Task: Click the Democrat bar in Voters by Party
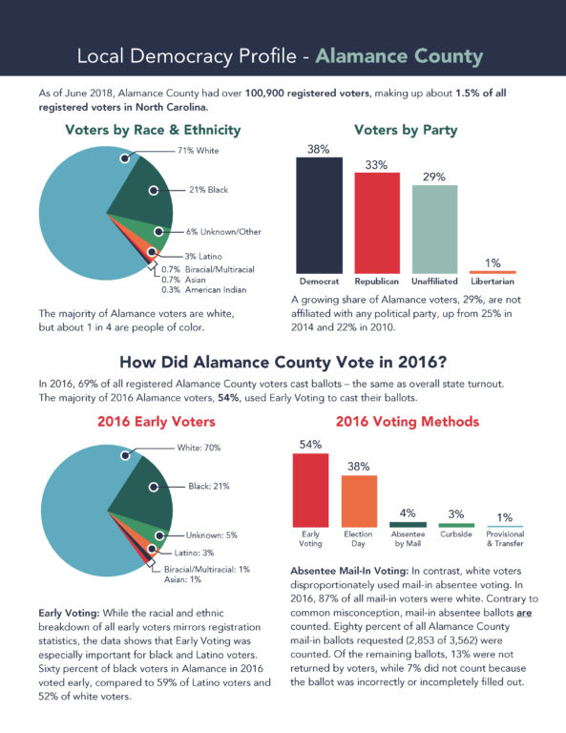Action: pos(319,216)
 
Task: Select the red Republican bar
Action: pos(377,223)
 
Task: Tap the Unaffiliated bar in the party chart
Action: pos(434,229)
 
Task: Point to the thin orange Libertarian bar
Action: pos(493,272)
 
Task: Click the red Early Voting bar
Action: pos(311,491)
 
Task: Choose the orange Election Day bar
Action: pos(360,502)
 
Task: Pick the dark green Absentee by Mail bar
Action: pos(408,525)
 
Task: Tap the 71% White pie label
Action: pos(199,151)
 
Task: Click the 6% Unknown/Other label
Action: pos(223,232)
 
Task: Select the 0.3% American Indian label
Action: pos(203,290)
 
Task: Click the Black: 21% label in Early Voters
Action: pos(209,486)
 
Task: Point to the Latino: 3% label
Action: pos(194,553)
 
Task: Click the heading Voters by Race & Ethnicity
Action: pos(153,130)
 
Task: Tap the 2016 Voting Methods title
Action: pos(408,422)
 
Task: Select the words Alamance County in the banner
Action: pos(399,56)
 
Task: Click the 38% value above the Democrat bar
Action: pos(319,149)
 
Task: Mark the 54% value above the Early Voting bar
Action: pos(311,445)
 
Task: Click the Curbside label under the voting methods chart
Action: pos(456,534)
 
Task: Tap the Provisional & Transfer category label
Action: pos(505,538)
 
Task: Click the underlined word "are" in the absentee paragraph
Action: pos(524,613)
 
